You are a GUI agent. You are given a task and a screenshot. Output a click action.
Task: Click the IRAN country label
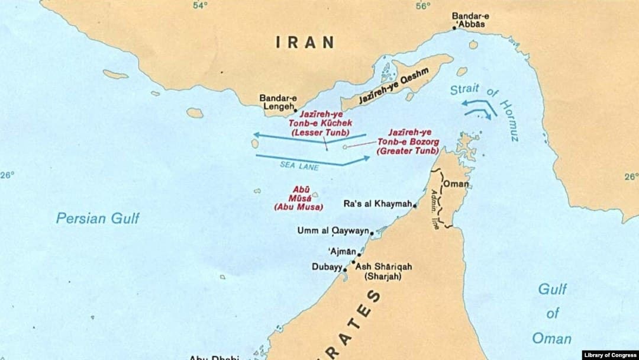pyautogui.click(x=305, y=43)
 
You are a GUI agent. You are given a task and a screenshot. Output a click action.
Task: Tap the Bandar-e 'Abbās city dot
pyautogui.click(x=454, y=28)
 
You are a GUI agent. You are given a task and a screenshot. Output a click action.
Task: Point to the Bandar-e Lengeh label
pyautogui.click(x=278, y=102)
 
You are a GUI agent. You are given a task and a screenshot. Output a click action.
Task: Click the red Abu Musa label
pyautogui.click(x=298, y=198)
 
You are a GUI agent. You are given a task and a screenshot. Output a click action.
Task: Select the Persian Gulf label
pyautogui.click(x=98, y=218)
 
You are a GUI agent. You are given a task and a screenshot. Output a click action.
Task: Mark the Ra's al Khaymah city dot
pyautogui.click(x=415, y=206)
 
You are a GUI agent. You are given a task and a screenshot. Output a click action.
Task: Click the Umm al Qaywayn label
pyautogui.click(x=333, y=231)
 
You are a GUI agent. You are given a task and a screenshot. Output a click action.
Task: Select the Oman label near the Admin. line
pyautogui.click(x=456, y=184)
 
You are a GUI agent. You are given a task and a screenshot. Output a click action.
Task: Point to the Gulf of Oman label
pyautogui.click(x=551, y=314)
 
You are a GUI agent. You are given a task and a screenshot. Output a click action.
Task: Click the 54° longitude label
pyautogui.click(x=201, y=5)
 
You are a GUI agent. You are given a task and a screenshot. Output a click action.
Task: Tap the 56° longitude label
pyautogui.click(x=422, y=5)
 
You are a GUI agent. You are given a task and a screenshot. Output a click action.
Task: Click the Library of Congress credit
pyautogui.click(x=609, y=355)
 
